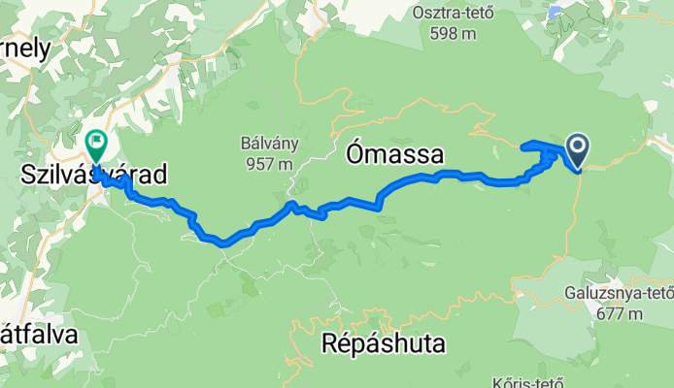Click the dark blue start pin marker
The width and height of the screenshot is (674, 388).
pyautogui.click(x=577, y=149)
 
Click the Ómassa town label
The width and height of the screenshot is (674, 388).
pyautogui.click(x=394, y=153)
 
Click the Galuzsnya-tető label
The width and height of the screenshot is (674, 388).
pyautogui.click(x=618, y=294)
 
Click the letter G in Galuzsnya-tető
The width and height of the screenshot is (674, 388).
pyautogui.click(x=569, y=294)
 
